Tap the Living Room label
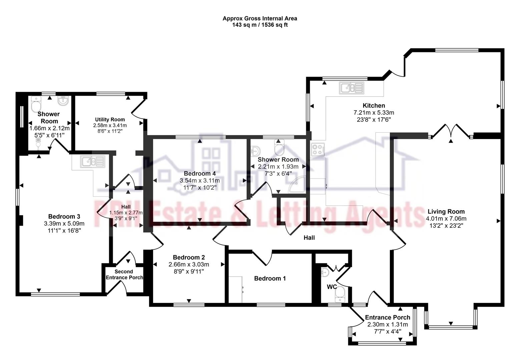point(446,211)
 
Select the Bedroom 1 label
point(270,278)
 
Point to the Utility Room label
point(110,119)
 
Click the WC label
point(332,287)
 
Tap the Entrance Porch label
point(388,317)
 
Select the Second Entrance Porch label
point(124,274)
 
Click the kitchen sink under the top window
point(351,88)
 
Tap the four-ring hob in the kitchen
point(318,149)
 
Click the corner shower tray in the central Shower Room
point(297,185)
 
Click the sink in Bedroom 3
point(92,162)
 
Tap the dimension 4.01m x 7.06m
point(446,219)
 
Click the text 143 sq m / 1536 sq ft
point(260,25)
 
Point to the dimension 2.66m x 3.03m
point(189,265)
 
